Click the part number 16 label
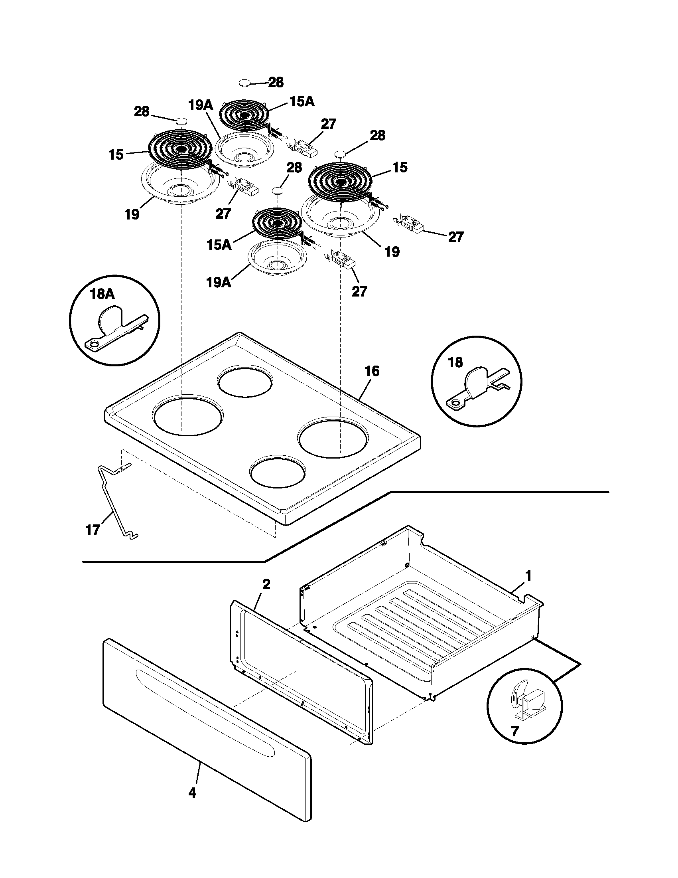(372, 371)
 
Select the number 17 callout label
(93, 530)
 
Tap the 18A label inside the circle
(102, 294)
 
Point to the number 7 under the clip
(514, 730)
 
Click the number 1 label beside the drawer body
(528, 576)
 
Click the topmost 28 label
(276, 83)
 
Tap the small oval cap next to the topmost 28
(244, 83)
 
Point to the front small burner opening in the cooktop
(277, 471)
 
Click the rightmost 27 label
(455, 237)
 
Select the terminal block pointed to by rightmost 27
(410, 223)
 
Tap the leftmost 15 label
(116, 154)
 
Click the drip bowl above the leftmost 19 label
(180, 185)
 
